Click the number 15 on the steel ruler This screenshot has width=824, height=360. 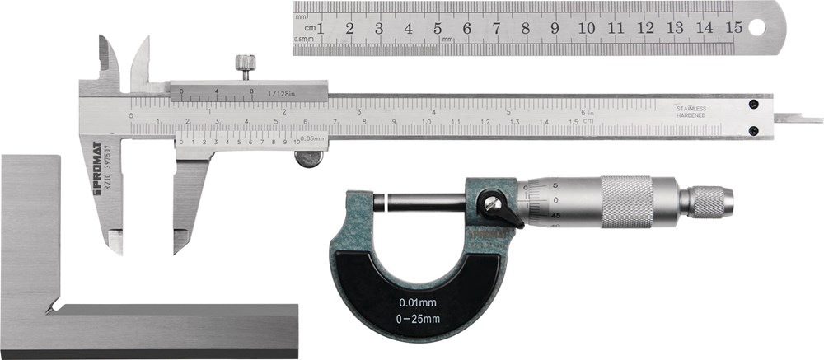[x=733, y=28]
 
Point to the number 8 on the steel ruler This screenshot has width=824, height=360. [x=525, y=28]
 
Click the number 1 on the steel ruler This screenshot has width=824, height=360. [x=320, y=28]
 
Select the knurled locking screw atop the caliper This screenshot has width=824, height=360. [x=243, y=64]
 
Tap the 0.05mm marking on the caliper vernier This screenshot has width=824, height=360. [x=313, y=139]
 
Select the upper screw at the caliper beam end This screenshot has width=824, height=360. [x=753, y=104]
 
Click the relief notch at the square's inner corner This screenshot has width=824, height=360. [x=51, y=310]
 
